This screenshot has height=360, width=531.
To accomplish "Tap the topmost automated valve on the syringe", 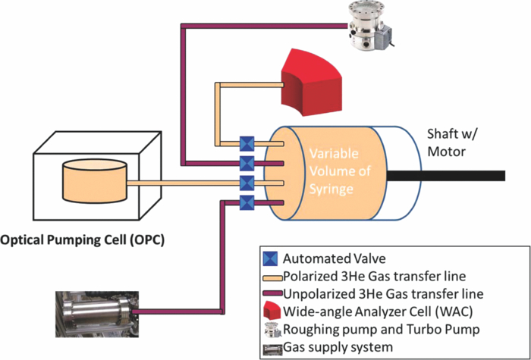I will (x=247, y=142).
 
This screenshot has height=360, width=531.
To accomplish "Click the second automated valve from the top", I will (x=247, y=163).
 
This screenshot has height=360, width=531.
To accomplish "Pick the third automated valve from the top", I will (x=247, y=183).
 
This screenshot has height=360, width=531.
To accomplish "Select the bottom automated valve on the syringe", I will (x=247, y=202).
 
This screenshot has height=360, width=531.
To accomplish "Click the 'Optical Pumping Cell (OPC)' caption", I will (x=83, y=241).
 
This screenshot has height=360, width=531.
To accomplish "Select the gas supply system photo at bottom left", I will (x=95, y=309).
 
